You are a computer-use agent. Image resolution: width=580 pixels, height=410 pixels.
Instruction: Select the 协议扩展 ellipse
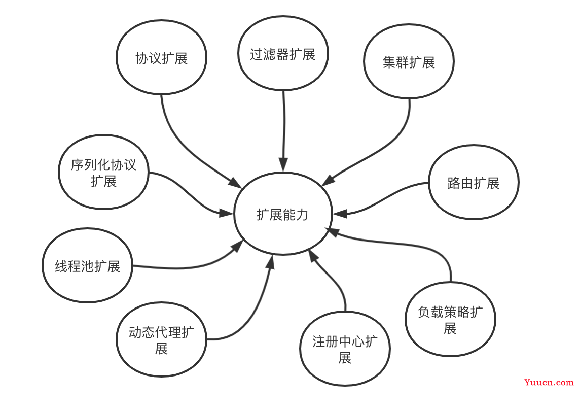click(x=161, y=57)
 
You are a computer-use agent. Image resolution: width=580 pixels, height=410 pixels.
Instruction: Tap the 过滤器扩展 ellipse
click(x=283, y=53)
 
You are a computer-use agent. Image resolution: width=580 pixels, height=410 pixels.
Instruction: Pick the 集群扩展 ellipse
click(x=409, y=61)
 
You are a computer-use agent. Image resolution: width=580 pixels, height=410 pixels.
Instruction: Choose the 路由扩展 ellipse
click(x=474, y=182)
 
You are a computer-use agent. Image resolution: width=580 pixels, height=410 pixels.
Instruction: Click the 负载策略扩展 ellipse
click(x=451, y=319)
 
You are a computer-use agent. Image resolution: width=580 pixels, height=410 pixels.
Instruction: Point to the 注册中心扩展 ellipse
click(x=345, y=349)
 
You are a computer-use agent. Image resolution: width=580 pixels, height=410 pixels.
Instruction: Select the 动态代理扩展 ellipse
click(x=161, y=339)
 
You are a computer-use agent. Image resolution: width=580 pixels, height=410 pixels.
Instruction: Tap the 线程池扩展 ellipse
click(x=87, y=265)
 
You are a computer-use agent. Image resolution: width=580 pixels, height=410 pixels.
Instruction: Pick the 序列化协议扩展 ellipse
click(x=103, y=172)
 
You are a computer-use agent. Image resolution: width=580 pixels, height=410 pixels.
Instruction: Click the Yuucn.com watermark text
click(x=549, y=382)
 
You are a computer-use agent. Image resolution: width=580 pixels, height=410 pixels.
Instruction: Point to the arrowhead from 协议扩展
click(x=235, y=183)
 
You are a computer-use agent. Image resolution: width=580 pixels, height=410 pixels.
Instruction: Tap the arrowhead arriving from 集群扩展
click(x=328, y=180)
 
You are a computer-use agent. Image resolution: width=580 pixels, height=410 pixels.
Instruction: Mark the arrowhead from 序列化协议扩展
click(x=227, y=213)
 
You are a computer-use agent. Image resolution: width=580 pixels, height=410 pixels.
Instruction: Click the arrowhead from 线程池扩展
click(x=237, y=246)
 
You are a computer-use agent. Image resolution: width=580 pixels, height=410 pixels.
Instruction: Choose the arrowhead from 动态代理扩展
click(x=271, y=261)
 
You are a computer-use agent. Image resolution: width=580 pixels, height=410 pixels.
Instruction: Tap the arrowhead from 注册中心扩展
click(x=313, y=255)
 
